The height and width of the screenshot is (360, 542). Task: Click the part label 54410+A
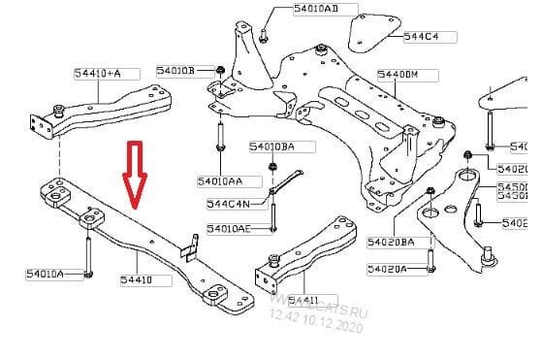[x=97, y=73]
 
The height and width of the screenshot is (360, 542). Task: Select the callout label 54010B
[x=175, y=71]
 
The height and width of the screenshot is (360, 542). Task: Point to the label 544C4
[x=422, y=37]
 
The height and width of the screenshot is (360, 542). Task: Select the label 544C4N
[x=228, y=204]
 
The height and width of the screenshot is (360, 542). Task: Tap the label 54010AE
[x=228, y=229]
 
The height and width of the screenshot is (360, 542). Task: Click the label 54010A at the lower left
[x=45, y=275]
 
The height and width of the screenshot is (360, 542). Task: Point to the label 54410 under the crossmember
[x=136, y=280]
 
